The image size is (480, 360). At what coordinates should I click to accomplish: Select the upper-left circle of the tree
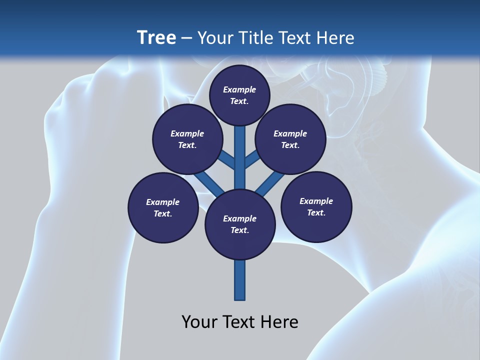point(187,139)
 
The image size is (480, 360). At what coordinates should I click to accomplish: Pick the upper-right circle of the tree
point(290,139)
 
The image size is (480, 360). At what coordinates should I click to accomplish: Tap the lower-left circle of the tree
point(163,207)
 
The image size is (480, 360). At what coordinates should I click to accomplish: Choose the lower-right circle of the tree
point(316,206)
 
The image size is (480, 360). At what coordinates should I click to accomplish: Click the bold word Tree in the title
point(156,37)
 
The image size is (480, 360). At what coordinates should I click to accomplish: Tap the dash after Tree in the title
point(186,38)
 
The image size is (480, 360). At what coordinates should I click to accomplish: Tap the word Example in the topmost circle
point(239,90)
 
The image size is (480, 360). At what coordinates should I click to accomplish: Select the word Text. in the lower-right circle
point(316,212)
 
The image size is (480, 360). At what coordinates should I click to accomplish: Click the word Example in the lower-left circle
point(162,202)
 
